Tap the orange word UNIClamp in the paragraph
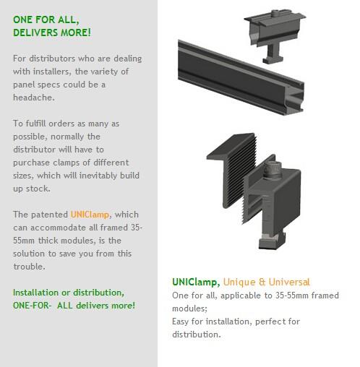[90, 215]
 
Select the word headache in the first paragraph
[34, 98]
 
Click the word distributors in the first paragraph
[52, 59]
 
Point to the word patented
[49, 215]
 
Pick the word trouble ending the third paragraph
[29, 267]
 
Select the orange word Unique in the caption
[239, 282]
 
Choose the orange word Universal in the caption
[289, 282]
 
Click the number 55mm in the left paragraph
[24, 241]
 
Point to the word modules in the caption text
[189, 308]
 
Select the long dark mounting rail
[241, 78]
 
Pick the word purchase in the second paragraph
[31, 163]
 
